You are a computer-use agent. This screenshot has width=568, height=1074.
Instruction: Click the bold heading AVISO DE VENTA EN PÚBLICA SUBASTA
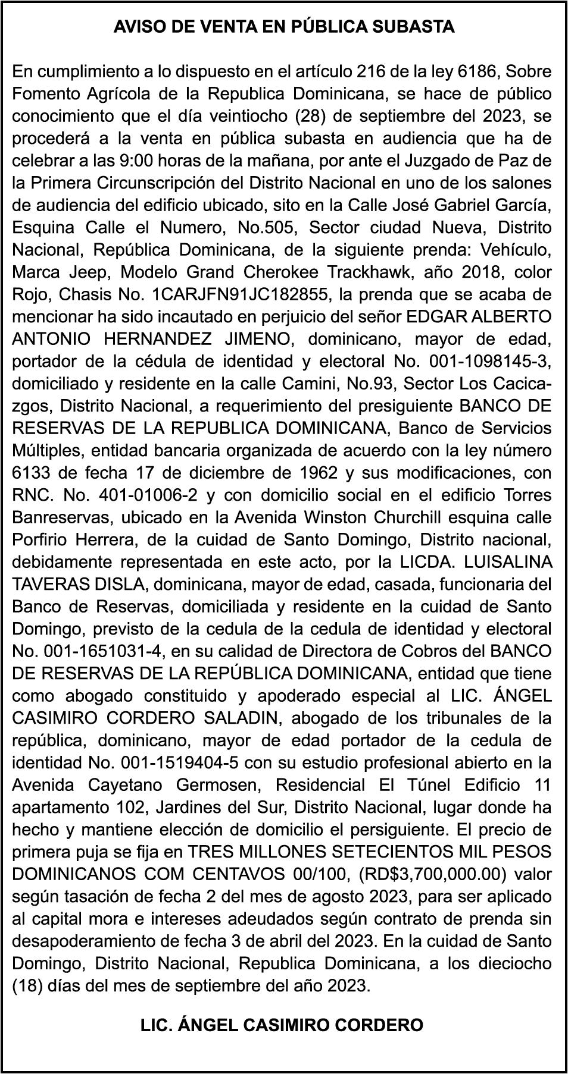point(284,27)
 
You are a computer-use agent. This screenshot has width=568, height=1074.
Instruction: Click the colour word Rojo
point(30,294)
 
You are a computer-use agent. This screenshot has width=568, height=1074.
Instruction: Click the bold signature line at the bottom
point(282,1025)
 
